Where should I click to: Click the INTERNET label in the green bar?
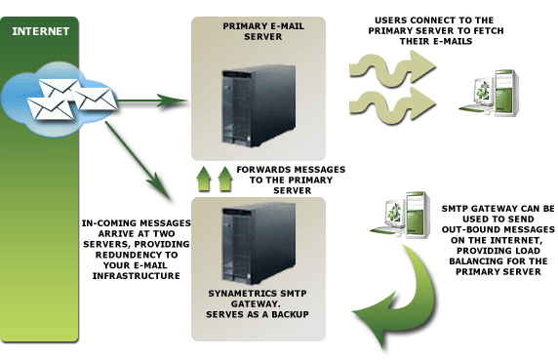[40, 31]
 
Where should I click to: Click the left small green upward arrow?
[204, 179]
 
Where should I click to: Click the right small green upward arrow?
[225, 179]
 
